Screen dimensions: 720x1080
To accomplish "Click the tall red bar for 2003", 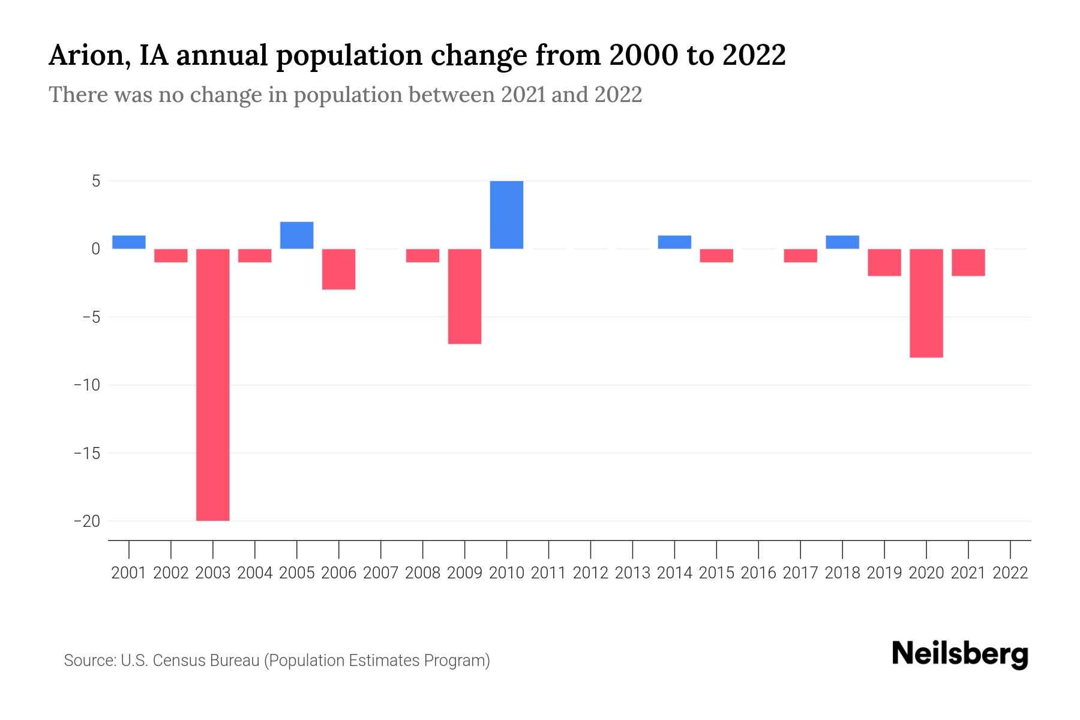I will (213, 384).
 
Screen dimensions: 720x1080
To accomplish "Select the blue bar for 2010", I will (506, 215).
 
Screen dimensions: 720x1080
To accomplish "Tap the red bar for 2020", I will (926, 303).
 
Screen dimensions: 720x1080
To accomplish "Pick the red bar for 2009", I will (464, 296).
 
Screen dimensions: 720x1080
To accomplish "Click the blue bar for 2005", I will (296, 235).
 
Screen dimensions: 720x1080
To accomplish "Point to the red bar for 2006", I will (338, 269).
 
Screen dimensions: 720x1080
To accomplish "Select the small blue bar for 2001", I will (129, 242).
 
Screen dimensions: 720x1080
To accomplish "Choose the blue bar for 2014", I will (674, 242).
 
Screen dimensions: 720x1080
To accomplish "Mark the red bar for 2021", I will (968, 262).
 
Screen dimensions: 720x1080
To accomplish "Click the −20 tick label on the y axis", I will (87, 521).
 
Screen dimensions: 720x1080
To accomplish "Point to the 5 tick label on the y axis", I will (96, 181).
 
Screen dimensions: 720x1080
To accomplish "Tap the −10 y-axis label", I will (87, 385).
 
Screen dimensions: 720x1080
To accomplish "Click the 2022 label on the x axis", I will (1010, 573).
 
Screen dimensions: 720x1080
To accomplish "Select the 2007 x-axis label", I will (380, 573).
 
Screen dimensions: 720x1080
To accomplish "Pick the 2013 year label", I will (632, 573).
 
